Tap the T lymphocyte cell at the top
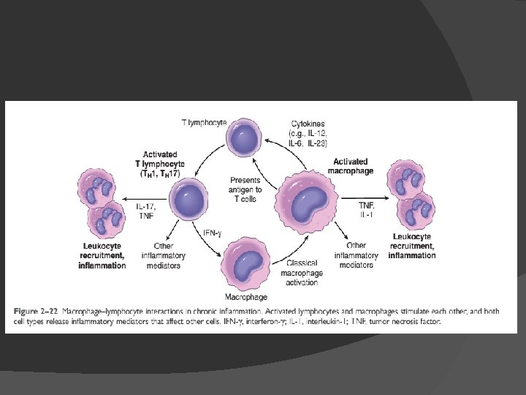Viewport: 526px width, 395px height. (x=247, y=138)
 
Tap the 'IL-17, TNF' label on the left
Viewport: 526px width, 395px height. (x=146, y=211)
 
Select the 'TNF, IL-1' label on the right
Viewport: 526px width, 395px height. (x=366, y=211)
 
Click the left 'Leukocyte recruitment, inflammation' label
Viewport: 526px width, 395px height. (x=102, y=255)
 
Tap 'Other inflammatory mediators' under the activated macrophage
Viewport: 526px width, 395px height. (x=356, y=255)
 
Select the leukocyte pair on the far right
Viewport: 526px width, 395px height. (x=415, y=195)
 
